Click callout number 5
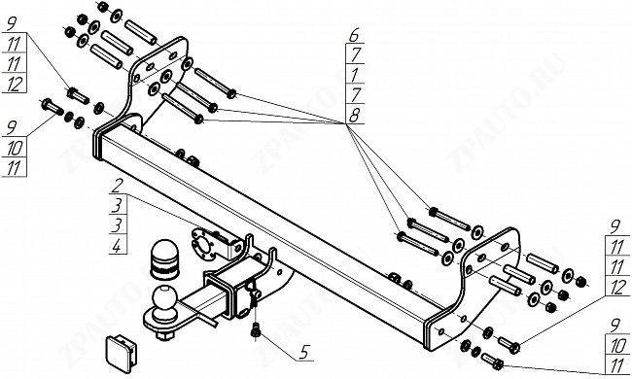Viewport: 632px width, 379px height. pos(304,352)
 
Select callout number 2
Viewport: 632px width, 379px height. pos(117,186)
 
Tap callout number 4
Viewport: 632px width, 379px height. pos(117,246)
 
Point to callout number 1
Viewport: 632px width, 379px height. pos(355,75)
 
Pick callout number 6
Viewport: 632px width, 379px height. pos(354,35)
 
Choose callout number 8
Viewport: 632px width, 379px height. pos(354,116)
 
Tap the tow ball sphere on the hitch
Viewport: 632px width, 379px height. pos(164,298)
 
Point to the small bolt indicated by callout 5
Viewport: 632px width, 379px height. pos(255,329)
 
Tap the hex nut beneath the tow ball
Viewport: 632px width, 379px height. pos(165,335)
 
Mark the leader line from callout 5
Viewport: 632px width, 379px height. pos(278,346)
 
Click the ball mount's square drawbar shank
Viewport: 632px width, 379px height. pos(201,304)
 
